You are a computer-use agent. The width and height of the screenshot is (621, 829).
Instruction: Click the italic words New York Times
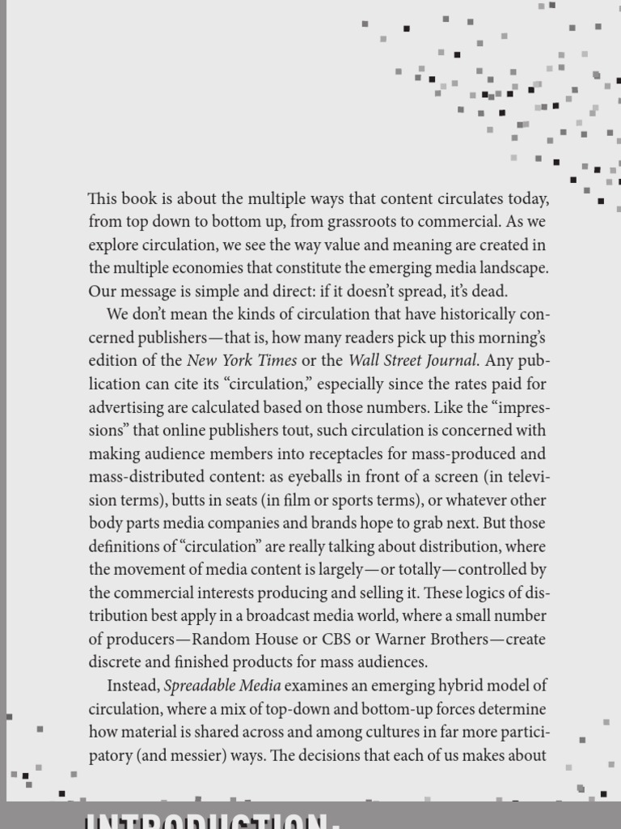[x=242, y=360]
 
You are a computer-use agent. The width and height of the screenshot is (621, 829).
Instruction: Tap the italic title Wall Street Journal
[x=413, y=360]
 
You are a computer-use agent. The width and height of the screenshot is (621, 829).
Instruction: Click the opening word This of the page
[x=103, y=198]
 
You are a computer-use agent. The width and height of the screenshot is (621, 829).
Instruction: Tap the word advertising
[x=125, y=407]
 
